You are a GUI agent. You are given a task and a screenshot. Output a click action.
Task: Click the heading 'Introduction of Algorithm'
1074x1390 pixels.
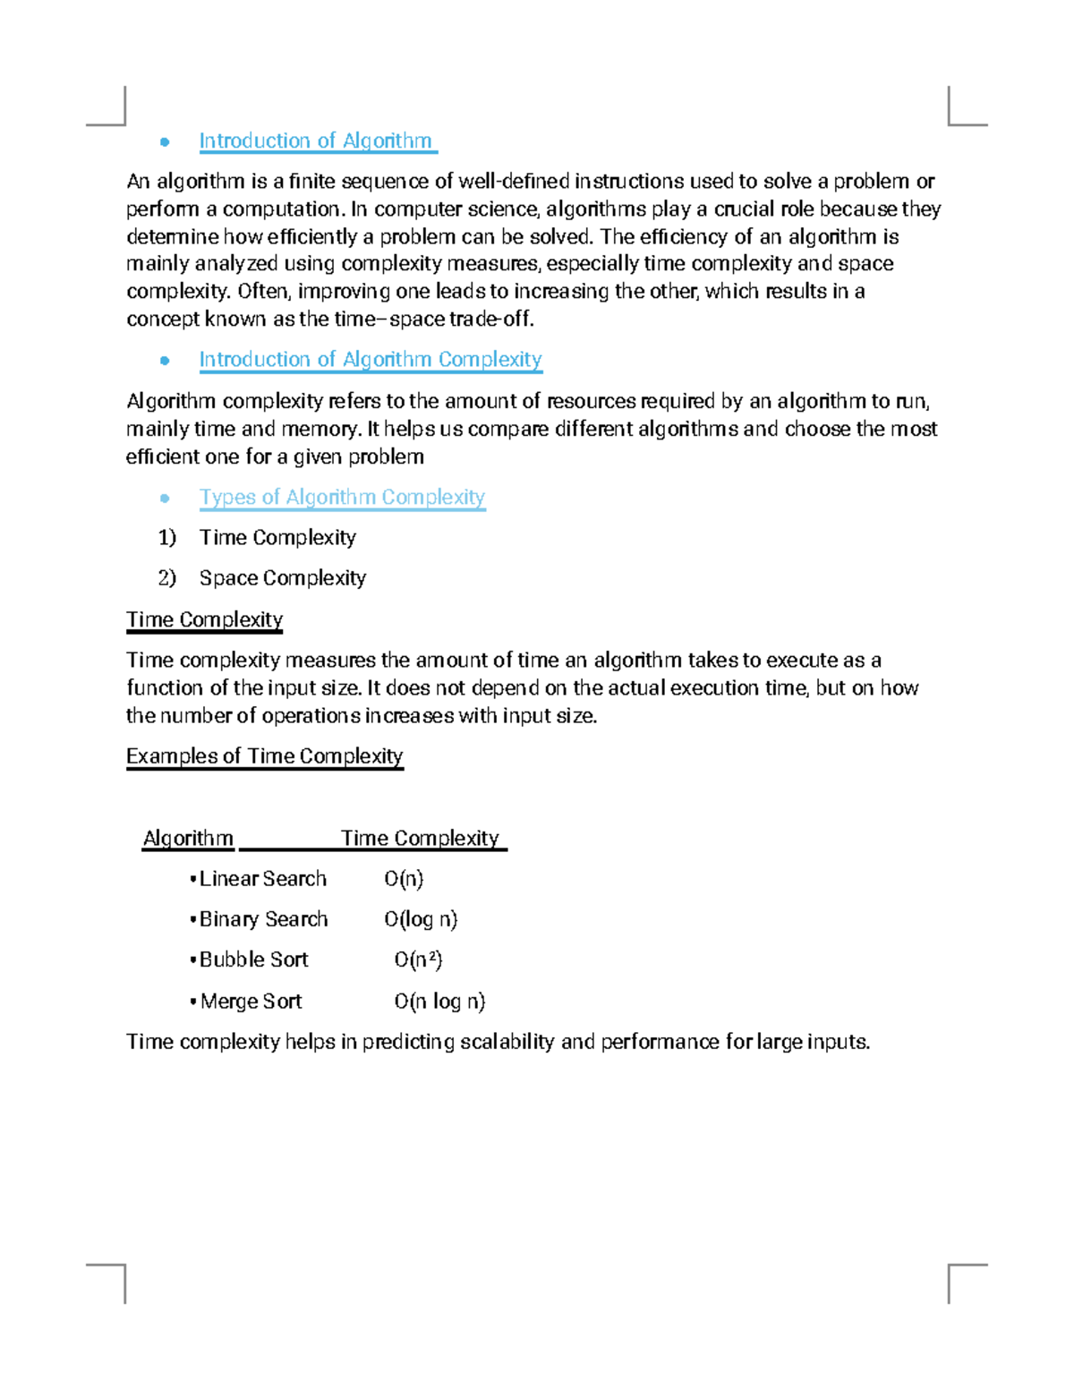click(315, 141)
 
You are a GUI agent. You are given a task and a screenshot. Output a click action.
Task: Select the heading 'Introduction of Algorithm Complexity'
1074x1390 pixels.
click(370, 359)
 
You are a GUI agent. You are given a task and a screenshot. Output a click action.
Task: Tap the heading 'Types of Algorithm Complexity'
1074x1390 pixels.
click(342, 497)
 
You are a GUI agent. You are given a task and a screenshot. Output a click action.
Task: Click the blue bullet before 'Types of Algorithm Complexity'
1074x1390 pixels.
click(165, 498)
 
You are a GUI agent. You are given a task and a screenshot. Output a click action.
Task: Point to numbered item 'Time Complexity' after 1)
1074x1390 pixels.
click(277, 537)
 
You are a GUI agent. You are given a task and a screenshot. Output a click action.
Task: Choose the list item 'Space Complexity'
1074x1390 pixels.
click(282, 578)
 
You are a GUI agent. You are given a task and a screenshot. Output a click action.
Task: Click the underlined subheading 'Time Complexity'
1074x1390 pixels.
click(204, 619)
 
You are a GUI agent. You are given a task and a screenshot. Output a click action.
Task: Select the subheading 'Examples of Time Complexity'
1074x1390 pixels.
click(264, 756)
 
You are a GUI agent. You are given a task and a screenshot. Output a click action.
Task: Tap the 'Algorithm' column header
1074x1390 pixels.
click(188, 839)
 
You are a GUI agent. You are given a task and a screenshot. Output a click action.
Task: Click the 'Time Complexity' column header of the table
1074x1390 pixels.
click(420, 839)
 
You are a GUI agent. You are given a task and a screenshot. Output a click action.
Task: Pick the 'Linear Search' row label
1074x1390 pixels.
click(262, 879)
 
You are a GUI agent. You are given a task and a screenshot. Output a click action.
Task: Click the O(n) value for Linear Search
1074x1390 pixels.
click(404, 879)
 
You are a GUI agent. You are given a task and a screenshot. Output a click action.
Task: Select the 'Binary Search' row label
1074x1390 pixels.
click(263, 919)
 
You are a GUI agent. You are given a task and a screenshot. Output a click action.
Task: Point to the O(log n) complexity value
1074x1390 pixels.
click(421, 919)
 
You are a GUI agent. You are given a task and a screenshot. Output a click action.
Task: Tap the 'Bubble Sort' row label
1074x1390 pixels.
click(253, 959)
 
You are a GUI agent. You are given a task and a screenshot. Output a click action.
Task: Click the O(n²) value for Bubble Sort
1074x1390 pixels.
click(418, 959)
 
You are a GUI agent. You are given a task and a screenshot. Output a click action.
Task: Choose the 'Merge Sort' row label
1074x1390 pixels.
click(251, 1001)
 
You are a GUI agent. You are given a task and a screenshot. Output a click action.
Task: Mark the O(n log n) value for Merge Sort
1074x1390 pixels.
click(439, 1001)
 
